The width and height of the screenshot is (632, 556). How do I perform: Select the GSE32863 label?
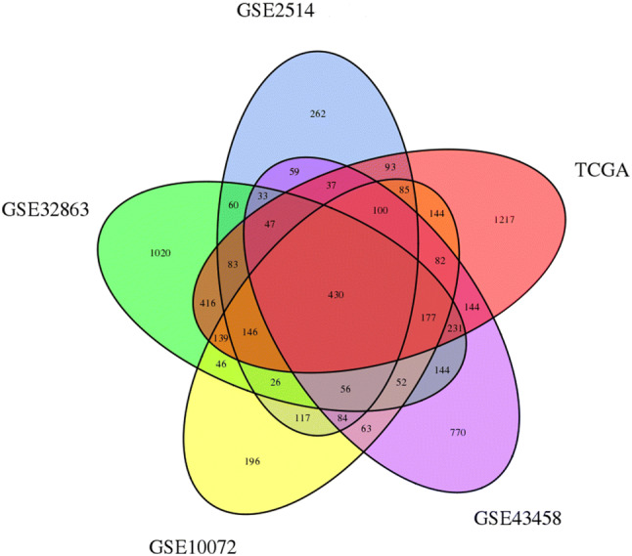(46, 208)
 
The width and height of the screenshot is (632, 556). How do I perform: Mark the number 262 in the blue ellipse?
(317, 114)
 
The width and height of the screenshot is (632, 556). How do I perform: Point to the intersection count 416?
(206, 304)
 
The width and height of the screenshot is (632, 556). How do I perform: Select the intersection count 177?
(428, 318)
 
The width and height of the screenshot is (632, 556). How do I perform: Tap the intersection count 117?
(302, 418)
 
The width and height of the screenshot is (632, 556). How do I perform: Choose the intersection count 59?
(294, 173)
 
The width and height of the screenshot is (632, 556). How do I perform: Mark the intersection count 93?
(391, 167)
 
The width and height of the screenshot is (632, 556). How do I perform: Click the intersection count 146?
(249, 332)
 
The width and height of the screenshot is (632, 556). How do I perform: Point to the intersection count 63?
(367, 428)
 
